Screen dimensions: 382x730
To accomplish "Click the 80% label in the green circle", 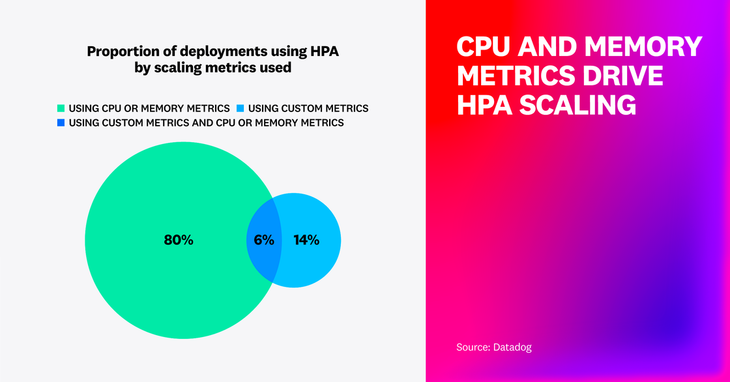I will pos(179,240).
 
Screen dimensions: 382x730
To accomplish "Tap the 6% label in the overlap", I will pos(264,240).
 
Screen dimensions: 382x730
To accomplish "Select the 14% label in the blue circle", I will pos(306,240).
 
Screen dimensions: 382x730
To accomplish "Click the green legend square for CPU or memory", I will pos(61,108).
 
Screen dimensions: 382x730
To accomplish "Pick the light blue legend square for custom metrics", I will pos(240,108).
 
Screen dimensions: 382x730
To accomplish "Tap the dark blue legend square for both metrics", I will pos(61,123).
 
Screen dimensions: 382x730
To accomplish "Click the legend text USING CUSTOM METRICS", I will pos(308,108).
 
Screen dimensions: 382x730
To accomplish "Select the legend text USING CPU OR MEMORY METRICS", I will pos(149,108).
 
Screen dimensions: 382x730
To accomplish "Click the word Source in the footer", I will pos(471,347).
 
